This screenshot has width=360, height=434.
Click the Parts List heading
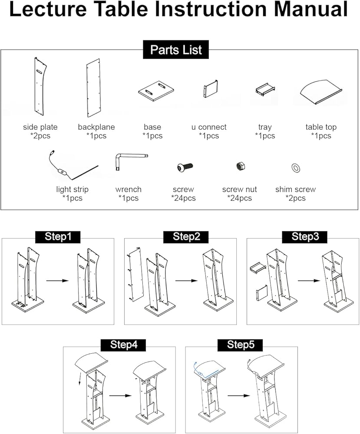pyautogui.click(x=176, y=49)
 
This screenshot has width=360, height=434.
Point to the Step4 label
pyautogui.click(x=124, y=345)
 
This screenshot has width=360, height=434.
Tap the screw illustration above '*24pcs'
pyautogui.click(x=184, y=167)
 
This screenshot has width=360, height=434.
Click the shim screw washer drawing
pyautogui.click(x=296, y=168)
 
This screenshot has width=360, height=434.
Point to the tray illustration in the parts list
pyautogui.click(x=264, y=89)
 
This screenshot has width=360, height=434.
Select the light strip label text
pyautogui.click(x=72, y=189)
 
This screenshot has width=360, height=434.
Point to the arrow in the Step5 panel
pyautogui.click(x=238, y=396)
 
